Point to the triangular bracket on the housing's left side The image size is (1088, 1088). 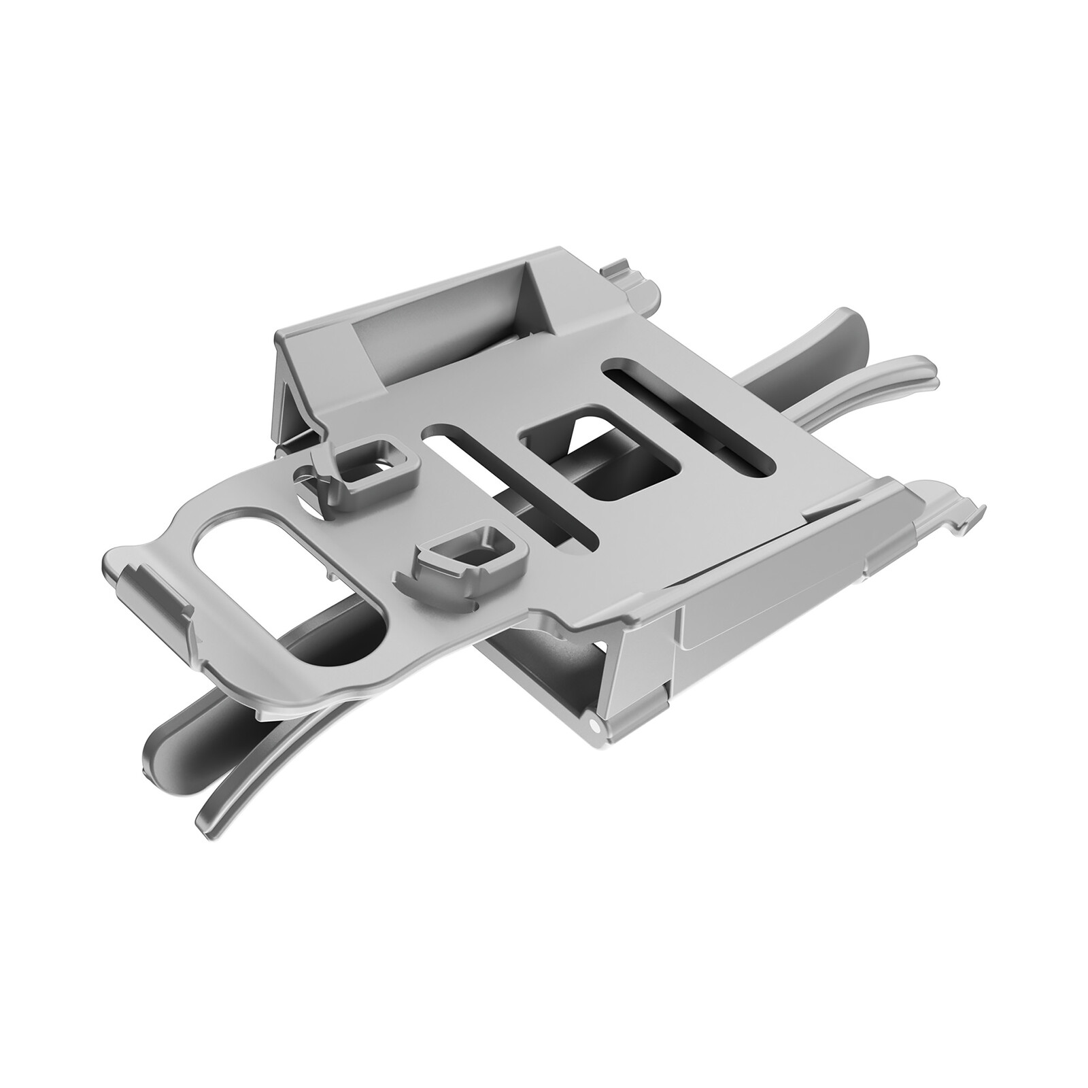[299, 408]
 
